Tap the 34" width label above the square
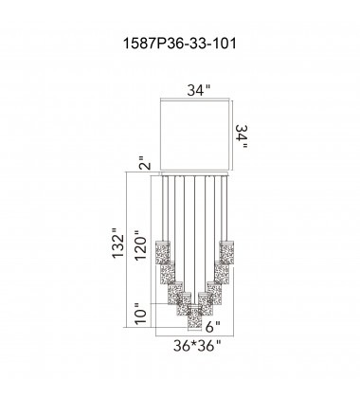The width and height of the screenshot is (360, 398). coord(198,93)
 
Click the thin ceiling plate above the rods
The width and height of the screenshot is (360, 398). coord(198,175)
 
